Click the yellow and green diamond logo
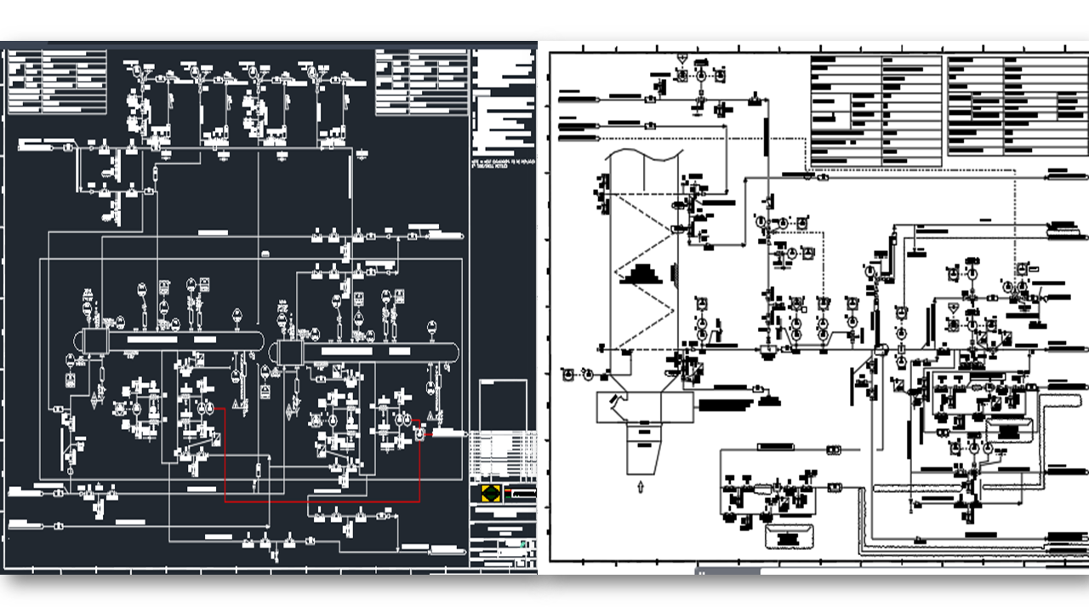490,493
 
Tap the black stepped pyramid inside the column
643,275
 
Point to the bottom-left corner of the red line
225,501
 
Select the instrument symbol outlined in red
419,433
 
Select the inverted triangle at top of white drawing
682,58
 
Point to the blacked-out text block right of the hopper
727,405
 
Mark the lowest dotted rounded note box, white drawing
788,537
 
